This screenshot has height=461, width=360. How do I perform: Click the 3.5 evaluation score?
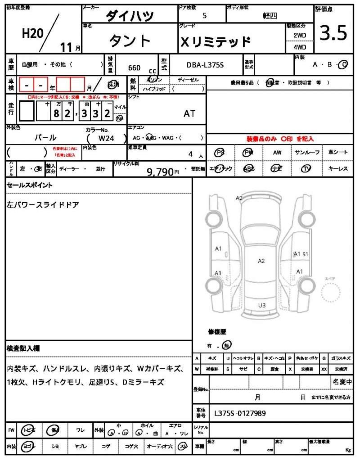(333, 33)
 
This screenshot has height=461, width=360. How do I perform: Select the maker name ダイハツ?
(130, 16)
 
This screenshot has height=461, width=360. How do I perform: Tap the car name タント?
(130, 41)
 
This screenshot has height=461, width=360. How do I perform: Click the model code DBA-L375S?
(205, 66)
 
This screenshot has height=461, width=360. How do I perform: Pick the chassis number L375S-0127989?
(240, 412)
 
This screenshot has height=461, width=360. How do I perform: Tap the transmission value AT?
(189, 113)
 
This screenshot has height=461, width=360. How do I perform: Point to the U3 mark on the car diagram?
(261, 305)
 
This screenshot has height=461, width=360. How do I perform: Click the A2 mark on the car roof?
(261, 261)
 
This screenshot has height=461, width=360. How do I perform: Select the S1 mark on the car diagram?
(305, 254)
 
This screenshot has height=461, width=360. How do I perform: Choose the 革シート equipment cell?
(337, 152)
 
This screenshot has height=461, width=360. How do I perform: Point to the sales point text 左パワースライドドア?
(43, 204)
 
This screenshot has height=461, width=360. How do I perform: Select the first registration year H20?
(32, 34)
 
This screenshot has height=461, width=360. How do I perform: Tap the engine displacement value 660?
(134, 68)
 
